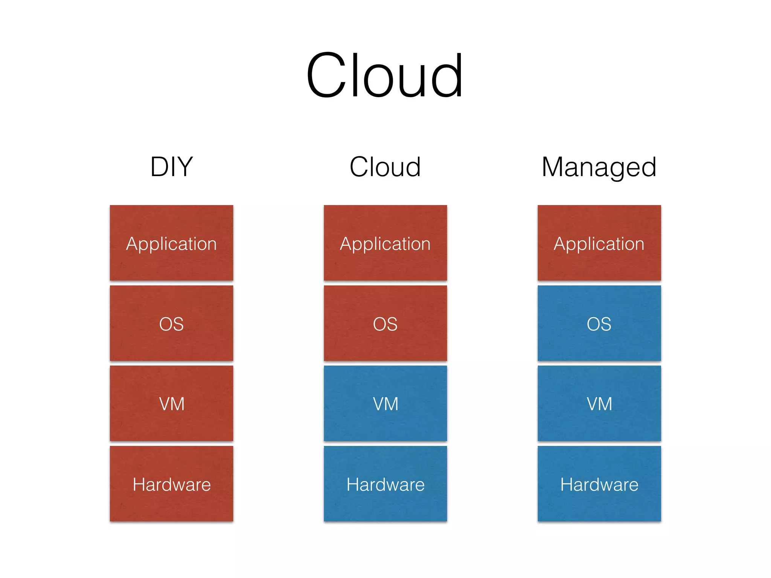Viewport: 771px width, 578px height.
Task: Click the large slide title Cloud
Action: tap(384, 75)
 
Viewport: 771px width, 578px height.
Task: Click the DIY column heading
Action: tap(172, 167)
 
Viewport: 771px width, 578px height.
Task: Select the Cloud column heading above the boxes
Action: tap(385, 167)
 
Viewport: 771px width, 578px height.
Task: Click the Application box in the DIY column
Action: tap(172, 243)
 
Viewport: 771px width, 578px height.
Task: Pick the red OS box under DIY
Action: tap(172, 323)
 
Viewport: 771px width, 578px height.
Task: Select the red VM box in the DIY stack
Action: tap(172, 403)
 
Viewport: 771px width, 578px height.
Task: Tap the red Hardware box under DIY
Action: tap(172, 484)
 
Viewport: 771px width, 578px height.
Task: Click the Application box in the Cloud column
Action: tap(385, 243)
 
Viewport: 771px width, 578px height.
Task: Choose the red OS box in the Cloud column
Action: tap(385, 323)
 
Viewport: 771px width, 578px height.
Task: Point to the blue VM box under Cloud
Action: tap(385, 403)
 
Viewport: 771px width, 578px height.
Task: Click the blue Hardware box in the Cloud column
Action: tap(385, 484)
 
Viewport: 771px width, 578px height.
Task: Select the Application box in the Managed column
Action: tap(599, 243)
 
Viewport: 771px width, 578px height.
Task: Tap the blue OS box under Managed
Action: tap(599, 323)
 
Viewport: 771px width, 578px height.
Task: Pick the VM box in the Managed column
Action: tap(599, 403)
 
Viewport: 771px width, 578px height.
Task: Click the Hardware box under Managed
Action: tap(599, 484)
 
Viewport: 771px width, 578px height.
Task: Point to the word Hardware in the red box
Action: tap(172, 484)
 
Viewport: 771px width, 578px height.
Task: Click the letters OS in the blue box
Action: tap(599, 324)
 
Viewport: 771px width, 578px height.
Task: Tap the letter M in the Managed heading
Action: tap(554, 167)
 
